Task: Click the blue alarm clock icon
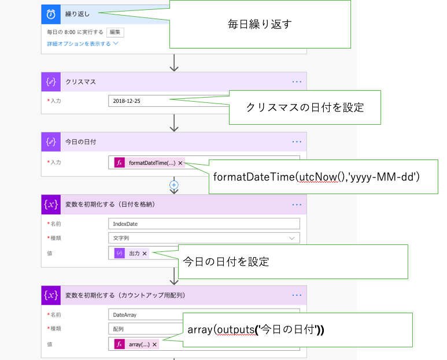pyautogui.click(x=51, y=13)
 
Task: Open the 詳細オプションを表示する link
pyautogui.click(x=82, y=43)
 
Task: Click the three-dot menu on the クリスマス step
pyautogui.click(x=297, y=82)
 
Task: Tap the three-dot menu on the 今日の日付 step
pyautogui.click(x=297, y=142)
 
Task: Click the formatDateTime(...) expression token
pyautogui.click(x=149, y=163)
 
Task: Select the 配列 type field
pyautogui.click(x=145, y=329)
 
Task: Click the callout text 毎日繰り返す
pyautogui.click(x=260, y=24)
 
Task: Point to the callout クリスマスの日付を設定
pyautogui.click(x=305, y=107)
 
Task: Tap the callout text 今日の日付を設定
pyautogui.click(x=226, y=261)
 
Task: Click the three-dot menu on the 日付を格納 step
pyautogui.click(x=297, y=204)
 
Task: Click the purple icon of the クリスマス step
pyautogui.click(x=51, y=82)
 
